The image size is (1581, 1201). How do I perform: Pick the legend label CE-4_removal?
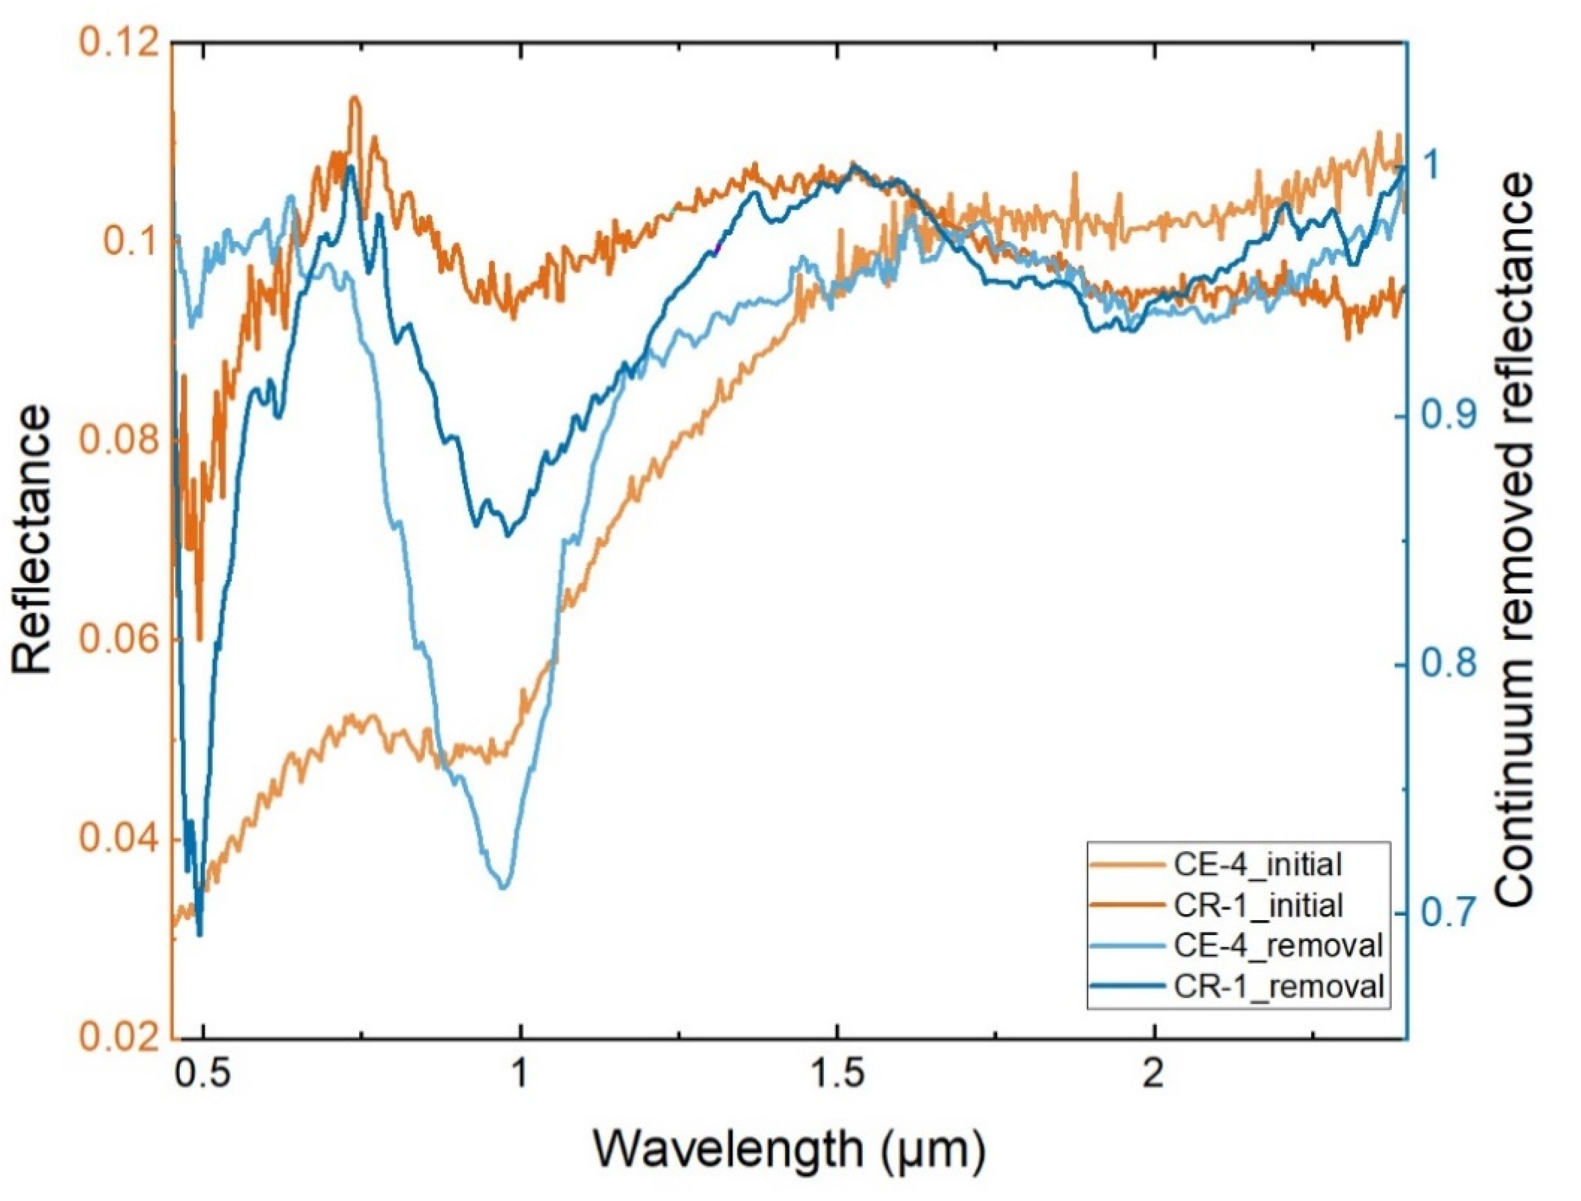click(x=1277, y=946)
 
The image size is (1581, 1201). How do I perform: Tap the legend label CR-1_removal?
click(x=1277, y=987)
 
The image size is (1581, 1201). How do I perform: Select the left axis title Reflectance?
click(x=32, y=540)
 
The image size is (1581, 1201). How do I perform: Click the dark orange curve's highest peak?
click(x=354, y=98)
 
